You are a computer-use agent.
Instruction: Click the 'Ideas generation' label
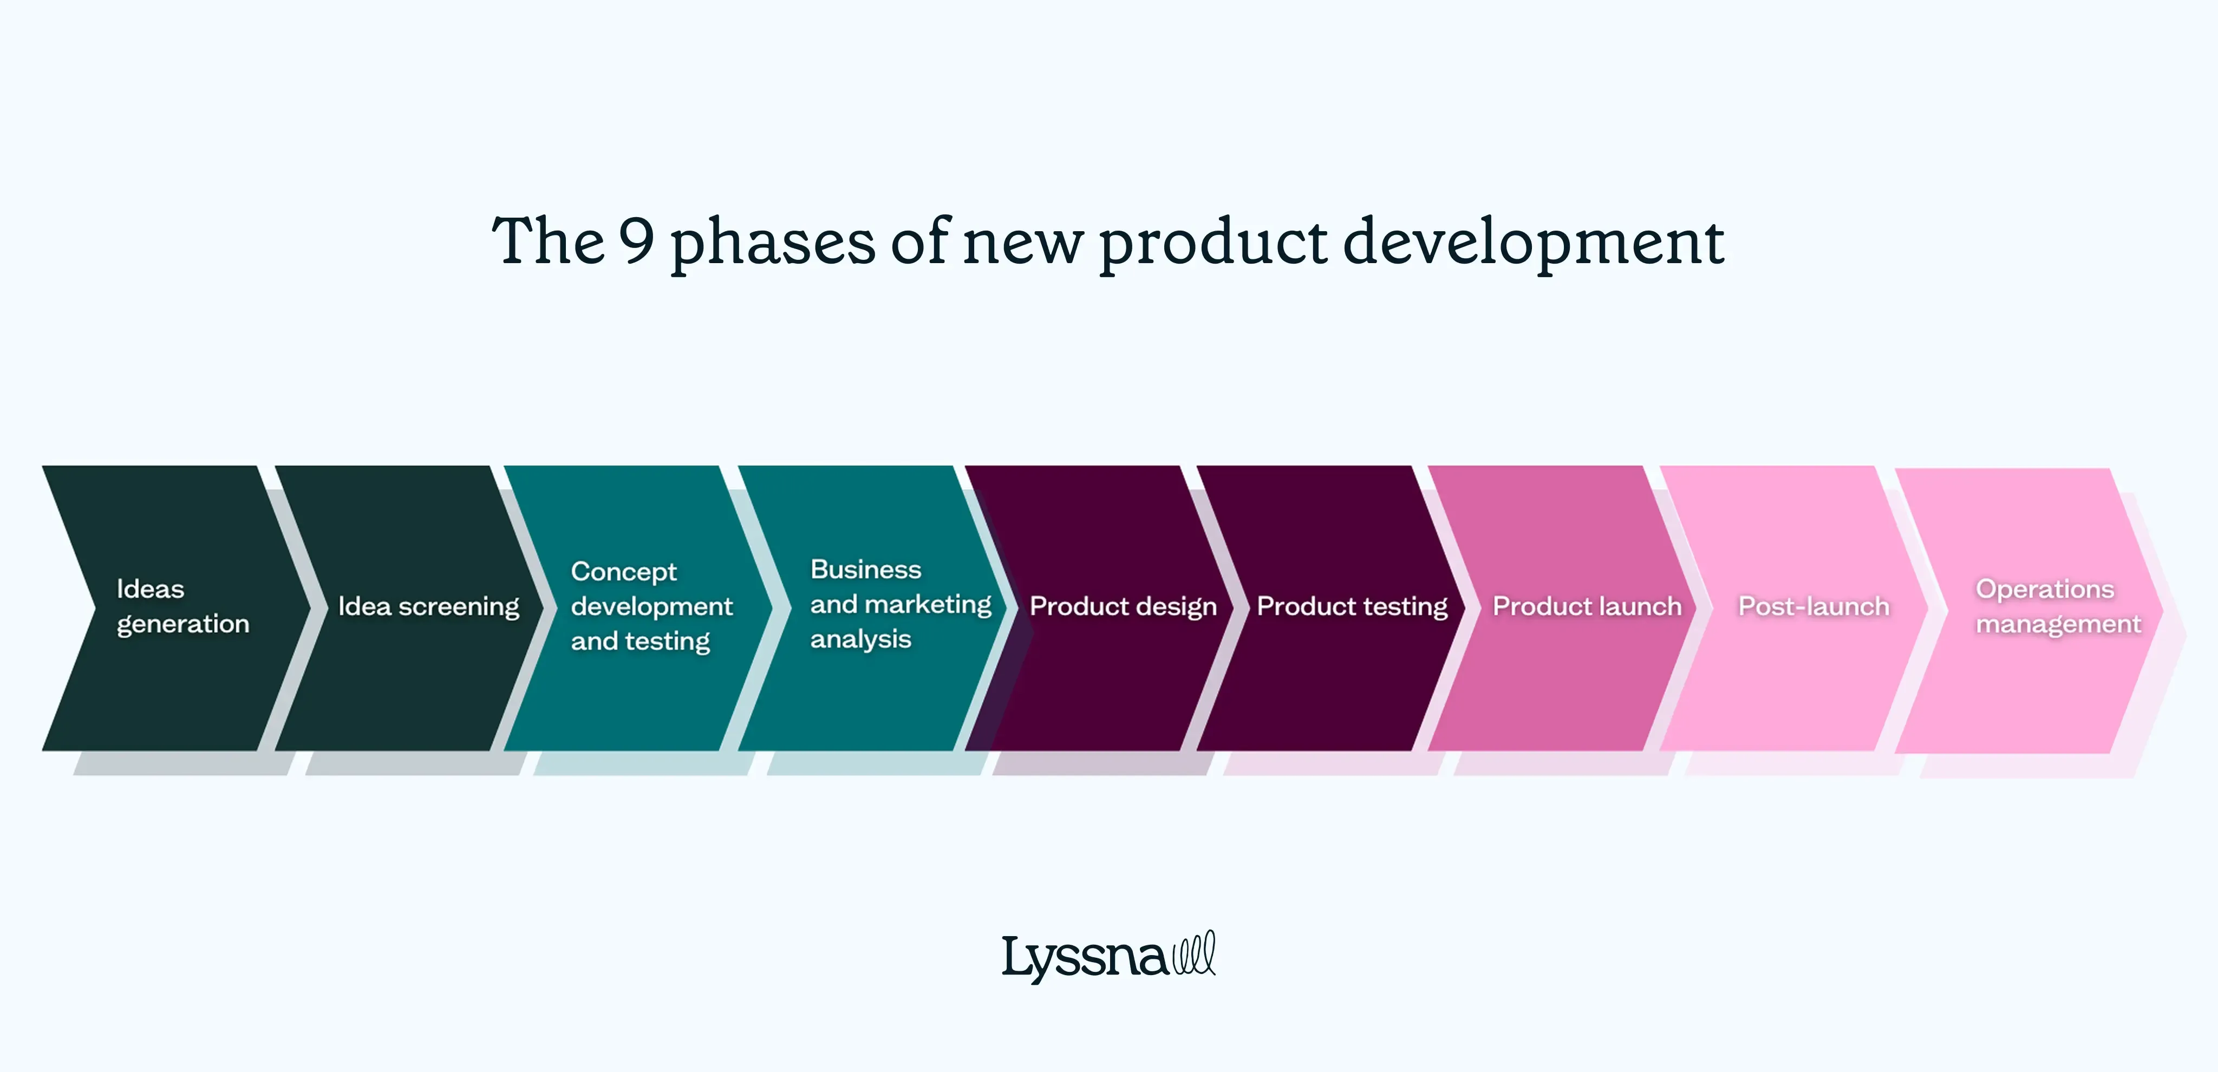(x=182, y=606)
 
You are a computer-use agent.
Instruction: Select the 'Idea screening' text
(x=428, y=606)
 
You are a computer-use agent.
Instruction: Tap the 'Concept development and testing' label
(x=651, y=606)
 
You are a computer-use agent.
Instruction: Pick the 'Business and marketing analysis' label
(x=900, y=604)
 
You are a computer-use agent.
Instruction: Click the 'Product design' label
(x=1123, y=606)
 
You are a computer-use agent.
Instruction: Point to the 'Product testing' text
(x=1352, y=606)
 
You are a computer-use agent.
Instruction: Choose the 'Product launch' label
(x=1586, y=606)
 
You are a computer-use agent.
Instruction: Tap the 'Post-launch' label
(x=1813, y=606)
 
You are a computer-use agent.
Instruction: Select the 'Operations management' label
(x=2057, y=606)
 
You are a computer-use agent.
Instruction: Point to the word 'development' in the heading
(x=1532, y=244)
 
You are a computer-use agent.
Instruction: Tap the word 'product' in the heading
(x=1212, y=244)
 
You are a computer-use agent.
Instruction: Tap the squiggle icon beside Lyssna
(x=1194, y=953)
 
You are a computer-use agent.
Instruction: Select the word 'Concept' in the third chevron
(x=623, y=572)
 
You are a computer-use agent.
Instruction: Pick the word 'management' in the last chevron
(x=2057, y=624)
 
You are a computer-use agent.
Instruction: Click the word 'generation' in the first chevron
(x=182, y=624)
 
